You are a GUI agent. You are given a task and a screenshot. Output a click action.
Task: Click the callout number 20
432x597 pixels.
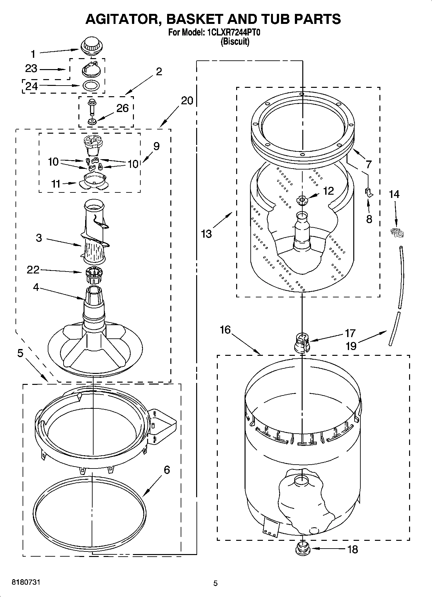pyautogui.click(x=187, y=101)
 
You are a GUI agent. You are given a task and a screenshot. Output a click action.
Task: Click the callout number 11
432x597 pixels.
pyautogui.click(x=56, y=184)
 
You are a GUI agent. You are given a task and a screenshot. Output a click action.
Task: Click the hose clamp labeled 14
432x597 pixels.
pyautogui.click(x=397, y=232)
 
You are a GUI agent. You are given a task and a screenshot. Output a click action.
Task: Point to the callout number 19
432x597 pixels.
pyautogui.click(x=351, y=346)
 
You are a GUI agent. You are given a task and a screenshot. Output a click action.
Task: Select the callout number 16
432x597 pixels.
pyautogui.click(x=225, y=330)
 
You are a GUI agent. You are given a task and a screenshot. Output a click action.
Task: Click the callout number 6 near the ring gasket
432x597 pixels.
pyautogui.click(x=166, y=469)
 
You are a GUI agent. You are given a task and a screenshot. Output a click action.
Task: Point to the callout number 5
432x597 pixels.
pyautogui.click(x=20, y=354)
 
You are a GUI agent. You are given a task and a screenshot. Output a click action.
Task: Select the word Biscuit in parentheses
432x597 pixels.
pyautogui.click(x=235, y=42)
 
